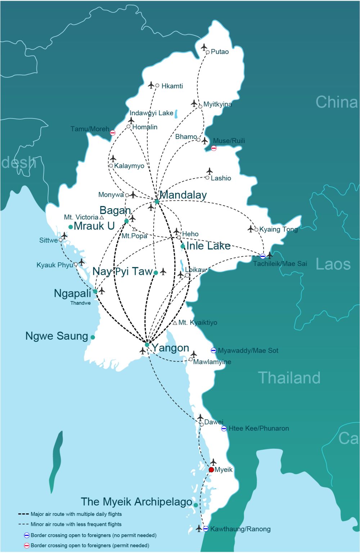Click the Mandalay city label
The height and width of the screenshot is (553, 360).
pyautogui.click(x=183, y=195)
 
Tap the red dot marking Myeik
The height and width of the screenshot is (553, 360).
pyautogui.click(x=211, y=470)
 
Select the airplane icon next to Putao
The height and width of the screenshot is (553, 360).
pyautogui.click(x=204, y=47)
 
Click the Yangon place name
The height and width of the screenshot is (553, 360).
pyautogui.click(x=170, y=348)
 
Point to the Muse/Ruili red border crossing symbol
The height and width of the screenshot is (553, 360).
pyautogui.click(x=214, y=148)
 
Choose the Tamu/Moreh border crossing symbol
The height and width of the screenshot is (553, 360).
pyautogui.click(x=113, y=133)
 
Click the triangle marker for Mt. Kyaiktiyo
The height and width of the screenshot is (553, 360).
pyautogui.click(x=175, y=323)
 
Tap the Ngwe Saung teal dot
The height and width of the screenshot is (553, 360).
pyautogui.click(x=93, y=337)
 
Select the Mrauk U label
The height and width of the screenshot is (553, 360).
pyautogui.click(x=94, y=226)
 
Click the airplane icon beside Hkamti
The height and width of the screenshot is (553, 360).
pyautogui.click(x=151, y=85)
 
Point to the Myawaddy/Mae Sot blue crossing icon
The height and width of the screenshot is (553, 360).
pyautogui.click(x=213, y=350)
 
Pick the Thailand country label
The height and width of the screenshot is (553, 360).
pyautogui.click(x=289, y=378)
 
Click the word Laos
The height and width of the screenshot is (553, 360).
pyautogui.click(x=333, y=264)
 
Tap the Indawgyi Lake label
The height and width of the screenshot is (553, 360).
pyautogui.click(x=151, y=113)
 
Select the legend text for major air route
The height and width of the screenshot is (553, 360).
pyautogui.click(x=76, y=514)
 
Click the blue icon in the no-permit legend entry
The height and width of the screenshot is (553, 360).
pyautogui.click(x=27, y=535)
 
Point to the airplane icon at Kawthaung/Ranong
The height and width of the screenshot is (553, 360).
pyautogui.click(x=199, y=529)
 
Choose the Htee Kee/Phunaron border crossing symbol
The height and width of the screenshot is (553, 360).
pyautogui.click(x=224, y=428)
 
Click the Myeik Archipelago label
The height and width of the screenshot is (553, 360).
pyautogui.click(x=136, y=502)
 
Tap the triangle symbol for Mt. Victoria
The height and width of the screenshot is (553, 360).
pyautogui.click(x=102, y=217)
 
